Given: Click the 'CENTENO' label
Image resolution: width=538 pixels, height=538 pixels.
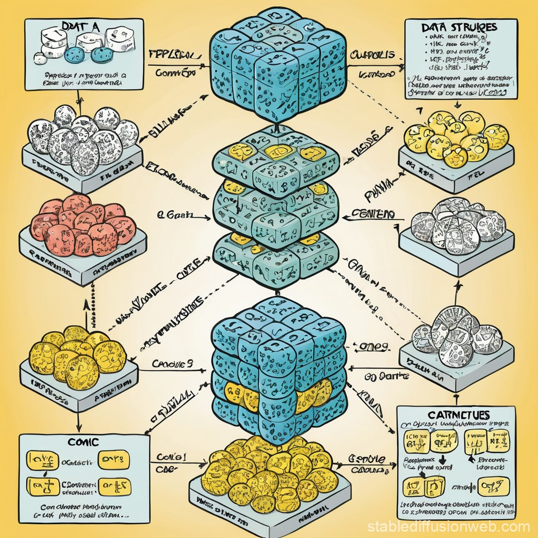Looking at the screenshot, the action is tap(374, 214).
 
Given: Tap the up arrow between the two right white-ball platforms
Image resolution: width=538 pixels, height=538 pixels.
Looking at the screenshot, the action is tap(457, 286).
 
